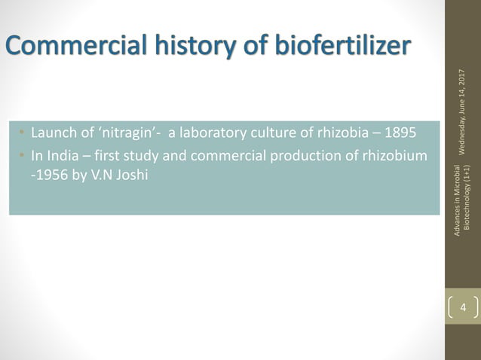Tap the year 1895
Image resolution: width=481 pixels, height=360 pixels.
tap(400, 134)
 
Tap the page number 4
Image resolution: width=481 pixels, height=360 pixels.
tap(463, 307)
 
